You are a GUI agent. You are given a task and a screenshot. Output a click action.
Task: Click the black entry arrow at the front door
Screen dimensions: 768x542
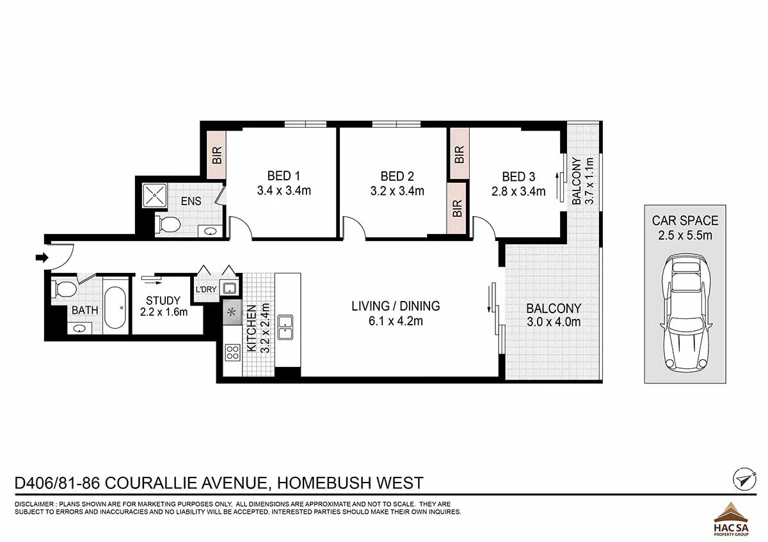(42, 257)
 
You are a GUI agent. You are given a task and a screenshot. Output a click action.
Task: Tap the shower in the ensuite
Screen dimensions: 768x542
(155, 195)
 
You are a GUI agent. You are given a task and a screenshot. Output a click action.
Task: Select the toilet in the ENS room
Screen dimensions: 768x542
(168, 225)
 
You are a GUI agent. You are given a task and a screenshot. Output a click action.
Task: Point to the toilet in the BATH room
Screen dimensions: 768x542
(64, 290)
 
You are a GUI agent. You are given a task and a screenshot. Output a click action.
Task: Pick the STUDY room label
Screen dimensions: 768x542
(163, 300)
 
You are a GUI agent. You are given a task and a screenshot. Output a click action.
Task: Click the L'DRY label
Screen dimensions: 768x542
(206, 290)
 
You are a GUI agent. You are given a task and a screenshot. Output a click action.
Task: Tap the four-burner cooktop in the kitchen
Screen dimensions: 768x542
(232, 353)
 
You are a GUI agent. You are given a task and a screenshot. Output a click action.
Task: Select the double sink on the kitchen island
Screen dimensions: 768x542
(285, 327)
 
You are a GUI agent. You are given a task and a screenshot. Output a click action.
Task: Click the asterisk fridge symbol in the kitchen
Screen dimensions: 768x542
(232, 312)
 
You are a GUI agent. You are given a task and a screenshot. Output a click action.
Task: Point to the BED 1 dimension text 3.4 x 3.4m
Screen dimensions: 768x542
(284, 190)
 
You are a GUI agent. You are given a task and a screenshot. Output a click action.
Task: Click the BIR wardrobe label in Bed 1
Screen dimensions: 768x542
(217, 155)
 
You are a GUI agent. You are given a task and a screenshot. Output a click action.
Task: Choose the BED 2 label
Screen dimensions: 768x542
(397, 176)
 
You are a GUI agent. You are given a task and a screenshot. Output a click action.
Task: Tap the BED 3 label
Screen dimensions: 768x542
(518, 176)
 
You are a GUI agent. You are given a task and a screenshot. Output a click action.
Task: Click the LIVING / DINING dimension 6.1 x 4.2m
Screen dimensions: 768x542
(396, 321)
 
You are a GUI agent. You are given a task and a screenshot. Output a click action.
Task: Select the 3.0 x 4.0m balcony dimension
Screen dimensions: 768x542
(554, 322)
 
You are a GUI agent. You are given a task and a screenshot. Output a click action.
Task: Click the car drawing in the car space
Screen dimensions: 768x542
(685, 314)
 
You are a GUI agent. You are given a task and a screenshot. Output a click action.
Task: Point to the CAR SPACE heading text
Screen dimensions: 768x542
(685, 221)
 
